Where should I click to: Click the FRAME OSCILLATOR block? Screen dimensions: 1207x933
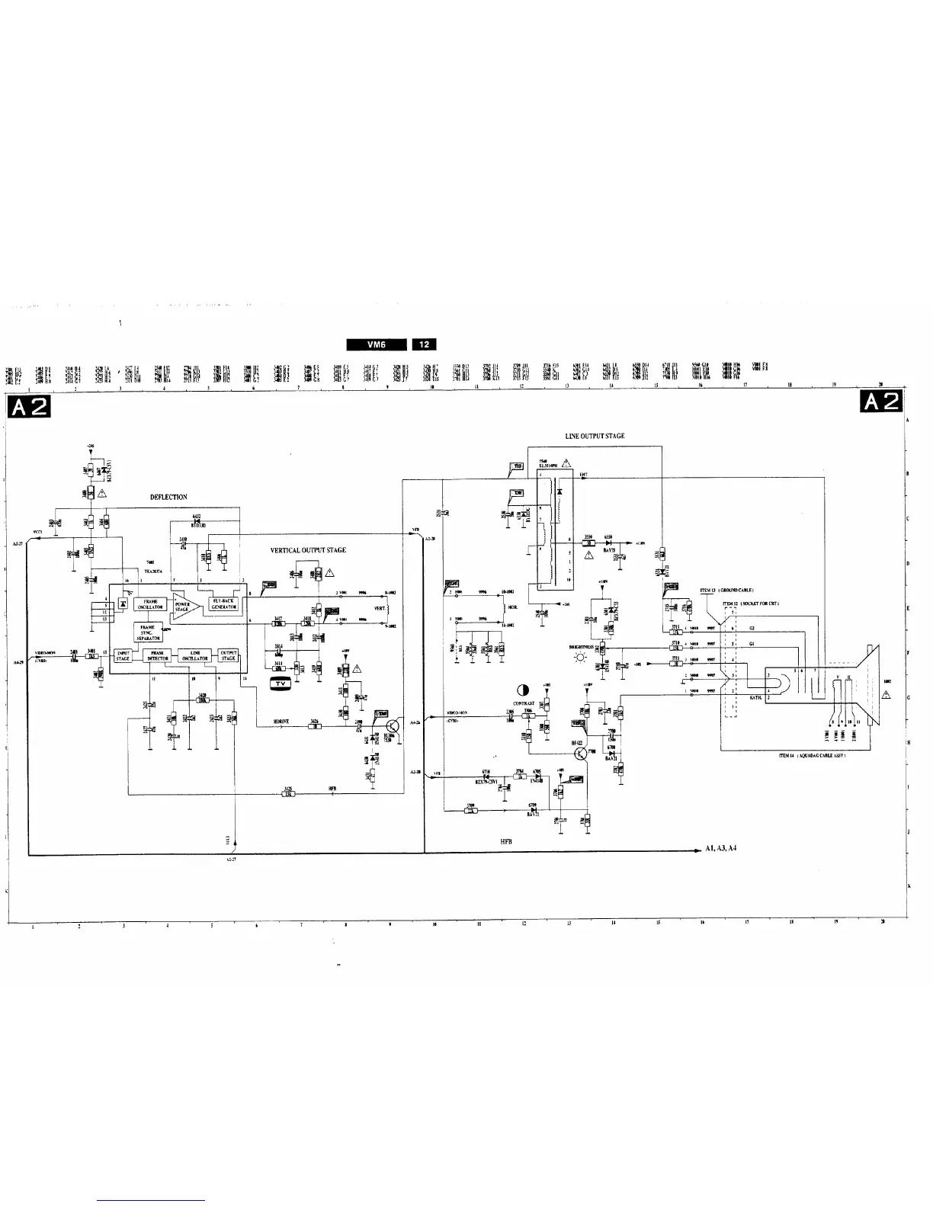click(x=151, y=604)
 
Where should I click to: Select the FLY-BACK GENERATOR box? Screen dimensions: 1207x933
click(x=223, y=604)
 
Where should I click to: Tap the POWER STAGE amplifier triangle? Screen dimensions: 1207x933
click(x=185, y=606)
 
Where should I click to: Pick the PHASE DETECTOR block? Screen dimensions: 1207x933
click(x=158, y=656)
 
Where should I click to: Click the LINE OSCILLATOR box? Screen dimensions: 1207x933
click(x=194, y=656)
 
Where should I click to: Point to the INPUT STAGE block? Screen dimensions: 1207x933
click(x=123, y=656)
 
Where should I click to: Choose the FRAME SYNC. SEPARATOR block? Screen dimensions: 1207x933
click(x=148, y=631)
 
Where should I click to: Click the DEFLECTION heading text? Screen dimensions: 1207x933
click(x=168, y=497)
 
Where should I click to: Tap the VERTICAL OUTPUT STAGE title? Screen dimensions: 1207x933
click(x=308, y=550)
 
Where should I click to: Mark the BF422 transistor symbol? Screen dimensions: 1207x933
click(x=582, y=753)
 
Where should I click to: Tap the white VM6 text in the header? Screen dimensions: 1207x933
click(x=377, y=344)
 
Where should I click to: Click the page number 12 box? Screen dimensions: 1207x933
click(x=424, y=344)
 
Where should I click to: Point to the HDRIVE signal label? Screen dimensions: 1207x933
click(x=281, y=721)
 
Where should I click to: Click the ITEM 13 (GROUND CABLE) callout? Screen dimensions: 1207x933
click(x=726, y=591)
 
